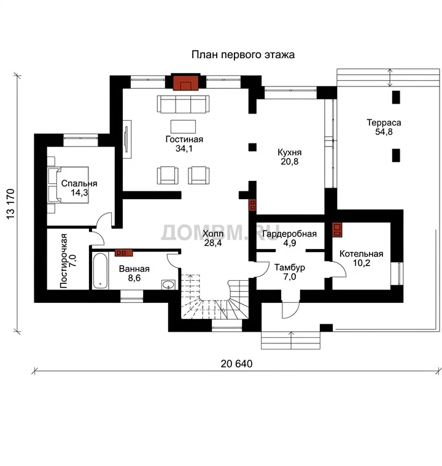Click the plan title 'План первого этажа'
[243, 55]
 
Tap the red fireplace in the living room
[186, 82]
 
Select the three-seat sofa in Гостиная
[183, 104]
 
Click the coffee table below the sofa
[183, 126]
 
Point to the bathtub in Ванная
[100, 271]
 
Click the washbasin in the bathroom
[168, 285]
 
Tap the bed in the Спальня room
[68, 185]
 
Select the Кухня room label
[290, 153]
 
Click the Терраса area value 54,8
[384, 132]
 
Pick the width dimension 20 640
[236, 364]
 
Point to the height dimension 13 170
[10, 204]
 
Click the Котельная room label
[361, 254]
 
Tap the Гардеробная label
[290, 234]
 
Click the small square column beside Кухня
[252, 147]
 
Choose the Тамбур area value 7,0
[290, 277]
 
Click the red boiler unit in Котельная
[337, 230]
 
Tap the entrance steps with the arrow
[291, 340]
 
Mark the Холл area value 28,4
[213, 243]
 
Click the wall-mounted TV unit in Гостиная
[127, 139]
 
